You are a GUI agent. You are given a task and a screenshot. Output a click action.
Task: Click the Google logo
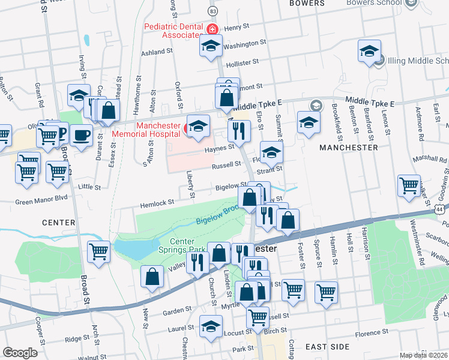(20, 353)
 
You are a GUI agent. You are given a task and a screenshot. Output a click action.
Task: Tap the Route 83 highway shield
(212, 11)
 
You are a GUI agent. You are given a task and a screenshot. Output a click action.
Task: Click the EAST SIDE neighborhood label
(327, 347)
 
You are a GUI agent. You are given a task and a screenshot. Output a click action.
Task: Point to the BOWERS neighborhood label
(307, 4)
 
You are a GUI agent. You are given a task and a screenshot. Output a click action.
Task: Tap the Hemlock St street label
(157, 204)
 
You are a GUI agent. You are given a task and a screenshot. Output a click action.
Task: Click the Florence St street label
(376, 334)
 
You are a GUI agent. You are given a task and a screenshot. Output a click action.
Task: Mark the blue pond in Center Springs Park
(133, 248)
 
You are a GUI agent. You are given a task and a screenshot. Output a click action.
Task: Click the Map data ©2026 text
(424, 355)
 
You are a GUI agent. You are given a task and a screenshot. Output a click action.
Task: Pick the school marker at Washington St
(211, 47)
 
